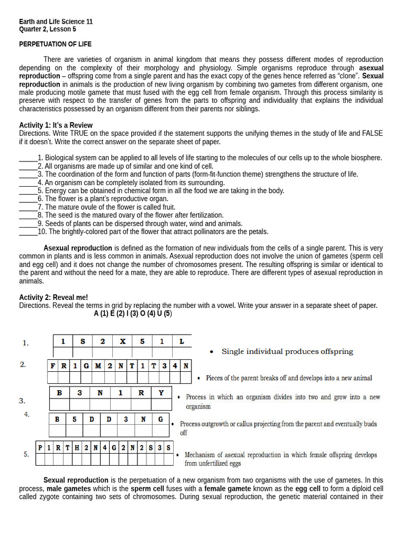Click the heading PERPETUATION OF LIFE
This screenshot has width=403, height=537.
click(55, 44)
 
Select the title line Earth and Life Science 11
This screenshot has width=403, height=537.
click(56, 22)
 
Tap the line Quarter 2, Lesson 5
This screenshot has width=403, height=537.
click(47, 29)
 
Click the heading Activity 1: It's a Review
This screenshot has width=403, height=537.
click(56, 125)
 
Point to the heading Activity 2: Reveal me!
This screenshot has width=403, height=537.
click(54, 297)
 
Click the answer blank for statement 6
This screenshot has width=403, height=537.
click(28, 199)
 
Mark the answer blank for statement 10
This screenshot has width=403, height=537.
click(28, 232)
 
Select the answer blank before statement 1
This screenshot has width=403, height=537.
click(28, 158)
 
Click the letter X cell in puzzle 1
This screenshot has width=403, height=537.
click(122, 341)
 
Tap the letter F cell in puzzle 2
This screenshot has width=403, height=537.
click(52, 366)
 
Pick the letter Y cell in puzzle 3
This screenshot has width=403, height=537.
click(161, 392)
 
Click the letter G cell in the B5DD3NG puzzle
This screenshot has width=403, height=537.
click(161, 420)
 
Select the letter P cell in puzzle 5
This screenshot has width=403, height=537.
click(40, 448)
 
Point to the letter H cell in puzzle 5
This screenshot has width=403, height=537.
click(77, 448)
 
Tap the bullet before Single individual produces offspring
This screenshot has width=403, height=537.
click(211, 352)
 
